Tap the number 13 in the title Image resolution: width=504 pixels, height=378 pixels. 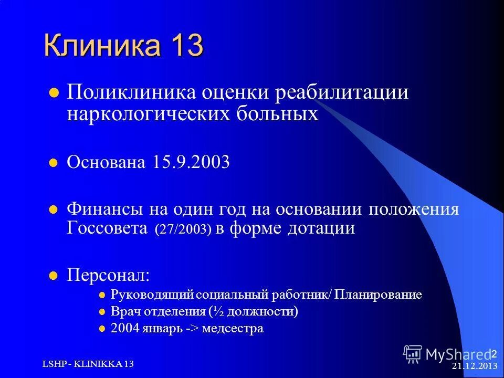(184, 46)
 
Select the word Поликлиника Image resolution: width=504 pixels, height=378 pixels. (131, 93)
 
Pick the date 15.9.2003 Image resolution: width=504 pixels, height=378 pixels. (192, 162)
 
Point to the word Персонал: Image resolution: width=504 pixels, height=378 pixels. (108, 275)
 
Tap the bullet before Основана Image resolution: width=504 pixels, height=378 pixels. (52, 163)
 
